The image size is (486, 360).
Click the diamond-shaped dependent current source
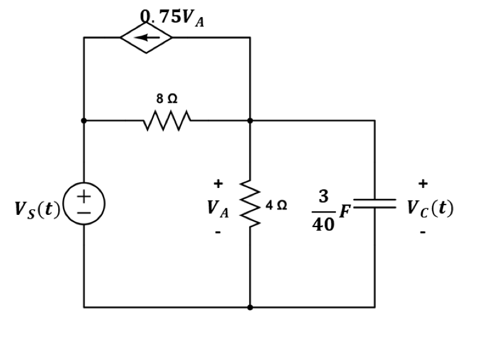(146, 37)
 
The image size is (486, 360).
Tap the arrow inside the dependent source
(146, 37)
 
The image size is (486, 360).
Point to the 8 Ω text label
(167, 99)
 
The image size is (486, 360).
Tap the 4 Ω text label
(276, 204)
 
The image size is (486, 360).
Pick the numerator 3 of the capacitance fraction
(323, 196)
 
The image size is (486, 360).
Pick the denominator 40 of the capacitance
(323, 225)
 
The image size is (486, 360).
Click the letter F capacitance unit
(346, 212)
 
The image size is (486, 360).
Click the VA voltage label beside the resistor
(218, 209)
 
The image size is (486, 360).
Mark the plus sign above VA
(217, 183)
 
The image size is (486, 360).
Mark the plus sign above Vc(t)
(422, 183)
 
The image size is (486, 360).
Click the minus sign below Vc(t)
(422, 233)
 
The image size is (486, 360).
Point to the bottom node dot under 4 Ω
(250, 307)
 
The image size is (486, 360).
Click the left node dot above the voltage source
(84, 121)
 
